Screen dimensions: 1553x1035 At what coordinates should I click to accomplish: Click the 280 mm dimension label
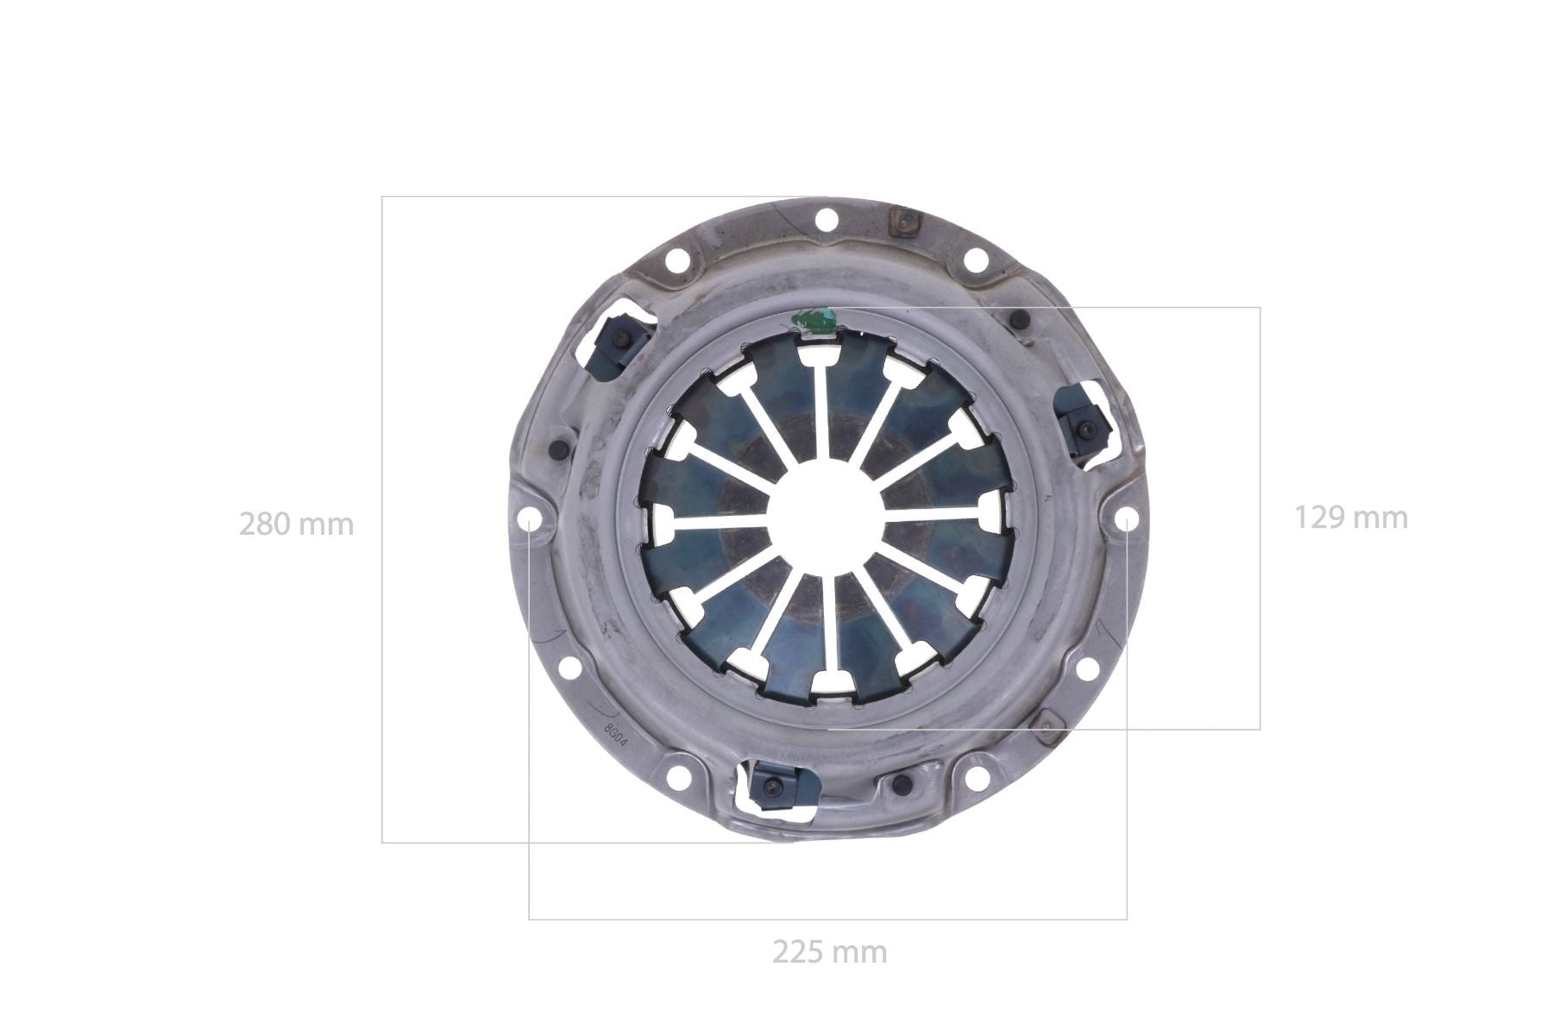coord(296,524)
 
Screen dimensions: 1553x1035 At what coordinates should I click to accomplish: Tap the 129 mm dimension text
coord(1351,517)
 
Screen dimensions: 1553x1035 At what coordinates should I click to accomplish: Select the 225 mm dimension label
coord(829,952)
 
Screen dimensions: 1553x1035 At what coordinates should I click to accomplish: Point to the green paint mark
coord(815,320)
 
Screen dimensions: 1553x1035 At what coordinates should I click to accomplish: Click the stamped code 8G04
coord(615,732)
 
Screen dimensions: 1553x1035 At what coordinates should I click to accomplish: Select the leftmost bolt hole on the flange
coord(530,519)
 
